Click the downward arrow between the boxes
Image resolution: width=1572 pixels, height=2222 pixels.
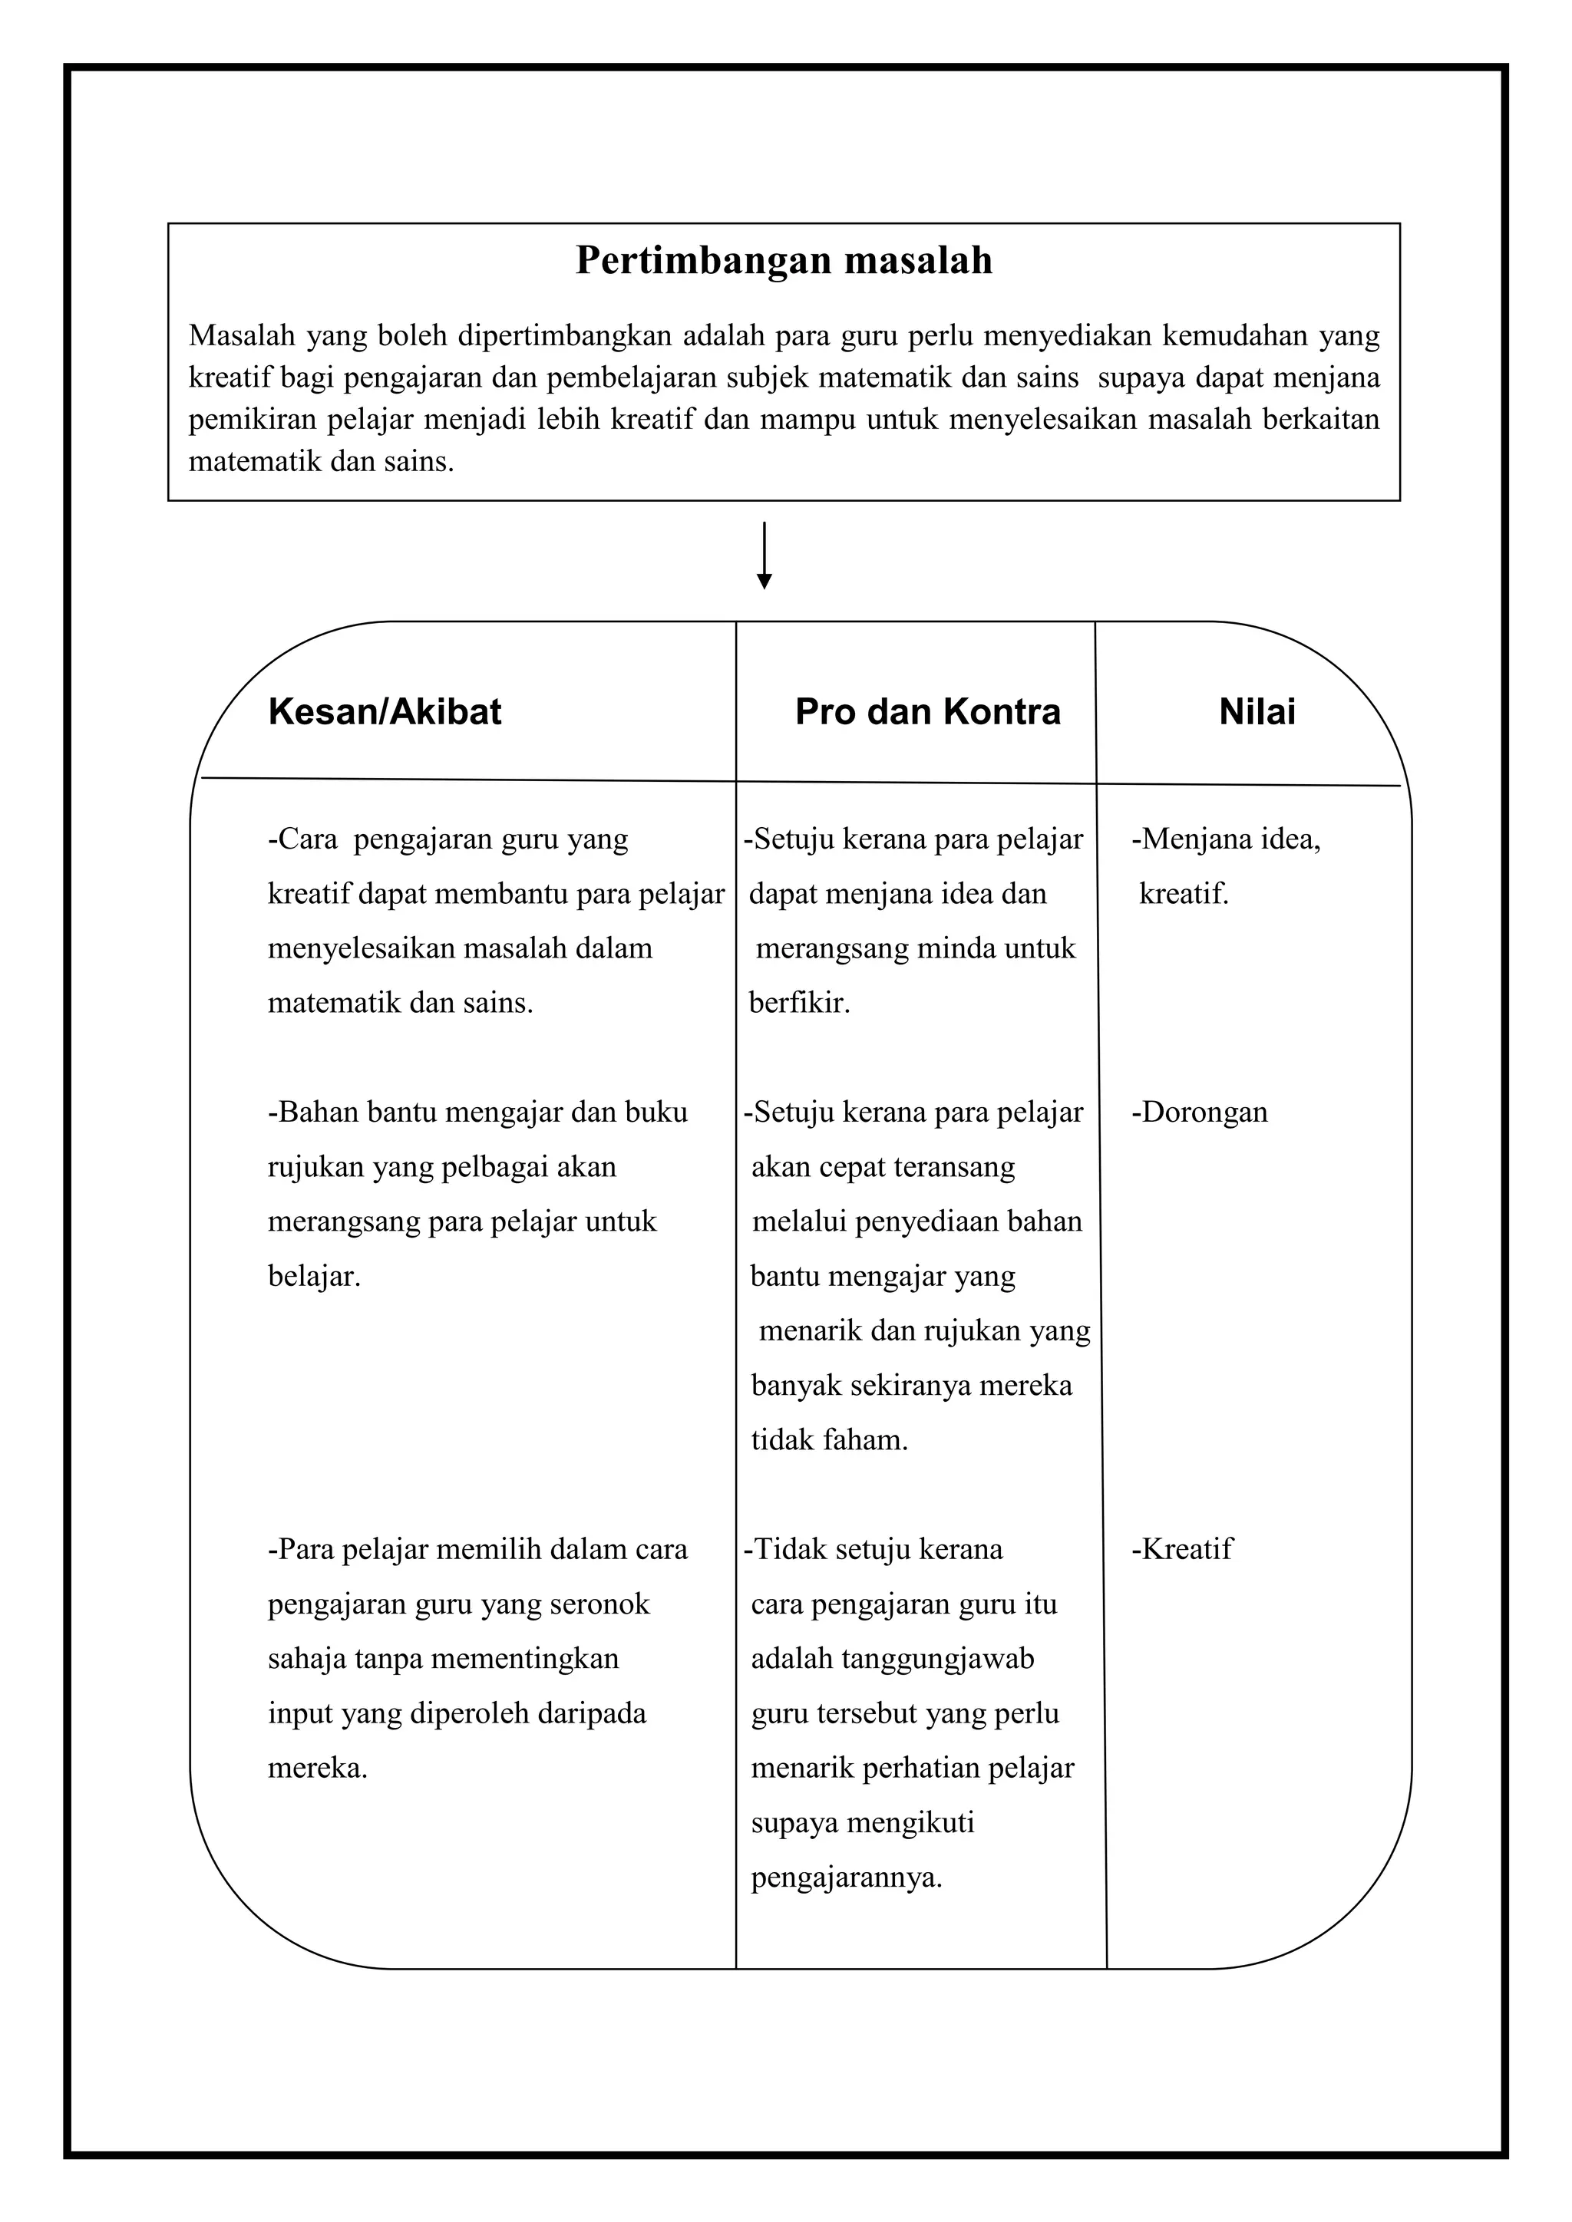[x=764, y=556]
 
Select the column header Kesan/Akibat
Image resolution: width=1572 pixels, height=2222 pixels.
[x=385, y=712]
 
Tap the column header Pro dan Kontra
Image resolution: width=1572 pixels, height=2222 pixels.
[x=927, y=712]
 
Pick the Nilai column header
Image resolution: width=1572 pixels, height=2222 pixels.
[x=1257, y=712]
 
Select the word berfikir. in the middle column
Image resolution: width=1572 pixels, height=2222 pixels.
[x=800, y=1003]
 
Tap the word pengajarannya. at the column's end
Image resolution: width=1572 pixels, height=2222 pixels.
[x=846, y=1878]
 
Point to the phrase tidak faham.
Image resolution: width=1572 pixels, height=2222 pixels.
[x=830, y=1441]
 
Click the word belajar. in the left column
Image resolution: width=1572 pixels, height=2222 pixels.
[x=314, y=1277]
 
